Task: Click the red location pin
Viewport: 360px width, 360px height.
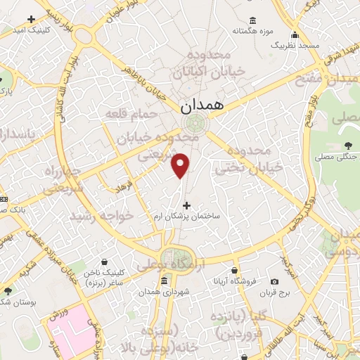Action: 181,165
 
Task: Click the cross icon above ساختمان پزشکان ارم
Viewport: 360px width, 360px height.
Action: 186,206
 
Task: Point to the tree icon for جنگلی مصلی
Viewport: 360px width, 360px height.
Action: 347,146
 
